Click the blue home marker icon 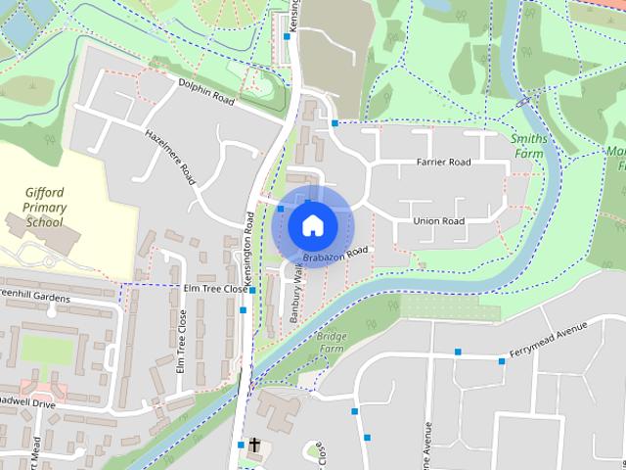point(312,225)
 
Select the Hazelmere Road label point(167,158)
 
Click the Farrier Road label point(443,162)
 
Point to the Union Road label point(438,221)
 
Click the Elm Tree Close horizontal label point(215,290)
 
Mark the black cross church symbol point(254,446)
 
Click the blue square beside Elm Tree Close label point(252,291)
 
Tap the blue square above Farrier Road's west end point(335,123)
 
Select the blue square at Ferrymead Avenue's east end point(502,362)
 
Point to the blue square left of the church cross point(240,446)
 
